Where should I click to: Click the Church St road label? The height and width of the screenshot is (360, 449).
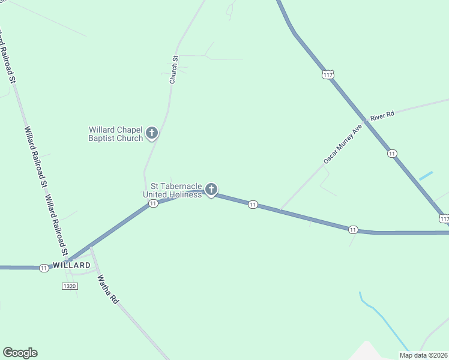(x=174, y=70)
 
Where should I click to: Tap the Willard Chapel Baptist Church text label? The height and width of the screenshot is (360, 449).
(x=116, y=134)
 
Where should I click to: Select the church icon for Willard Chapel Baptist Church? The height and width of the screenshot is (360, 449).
(x=152, y=133)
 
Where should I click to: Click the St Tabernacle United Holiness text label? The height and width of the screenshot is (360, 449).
(x=173, y=190)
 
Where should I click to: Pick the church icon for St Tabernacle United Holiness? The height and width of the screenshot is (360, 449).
(x=211, y=190)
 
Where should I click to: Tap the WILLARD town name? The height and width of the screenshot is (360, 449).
(x=71, y=265)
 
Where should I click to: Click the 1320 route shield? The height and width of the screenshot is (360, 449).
(x=70, y=286)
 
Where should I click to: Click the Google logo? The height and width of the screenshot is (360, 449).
(x=20, y=353)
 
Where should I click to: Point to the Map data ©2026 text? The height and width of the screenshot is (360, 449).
(x=423, y=355)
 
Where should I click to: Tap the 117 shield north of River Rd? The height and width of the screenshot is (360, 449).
(x=327, y=74)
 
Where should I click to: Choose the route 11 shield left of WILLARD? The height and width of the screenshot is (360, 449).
(x=44, y=268)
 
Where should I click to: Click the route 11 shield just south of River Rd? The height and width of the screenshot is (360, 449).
(x=392, y=154)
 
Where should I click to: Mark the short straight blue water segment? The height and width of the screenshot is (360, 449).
(x=426, y=176)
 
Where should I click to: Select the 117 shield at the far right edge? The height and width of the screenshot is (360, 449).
(x=444, y=219)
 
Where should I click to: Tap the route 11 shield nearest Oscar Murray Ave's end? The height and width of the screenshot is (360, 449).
(x=253, y=205)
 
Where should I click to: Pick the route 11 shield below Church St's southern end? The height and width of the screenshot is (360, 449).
(x=153, y=204)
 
